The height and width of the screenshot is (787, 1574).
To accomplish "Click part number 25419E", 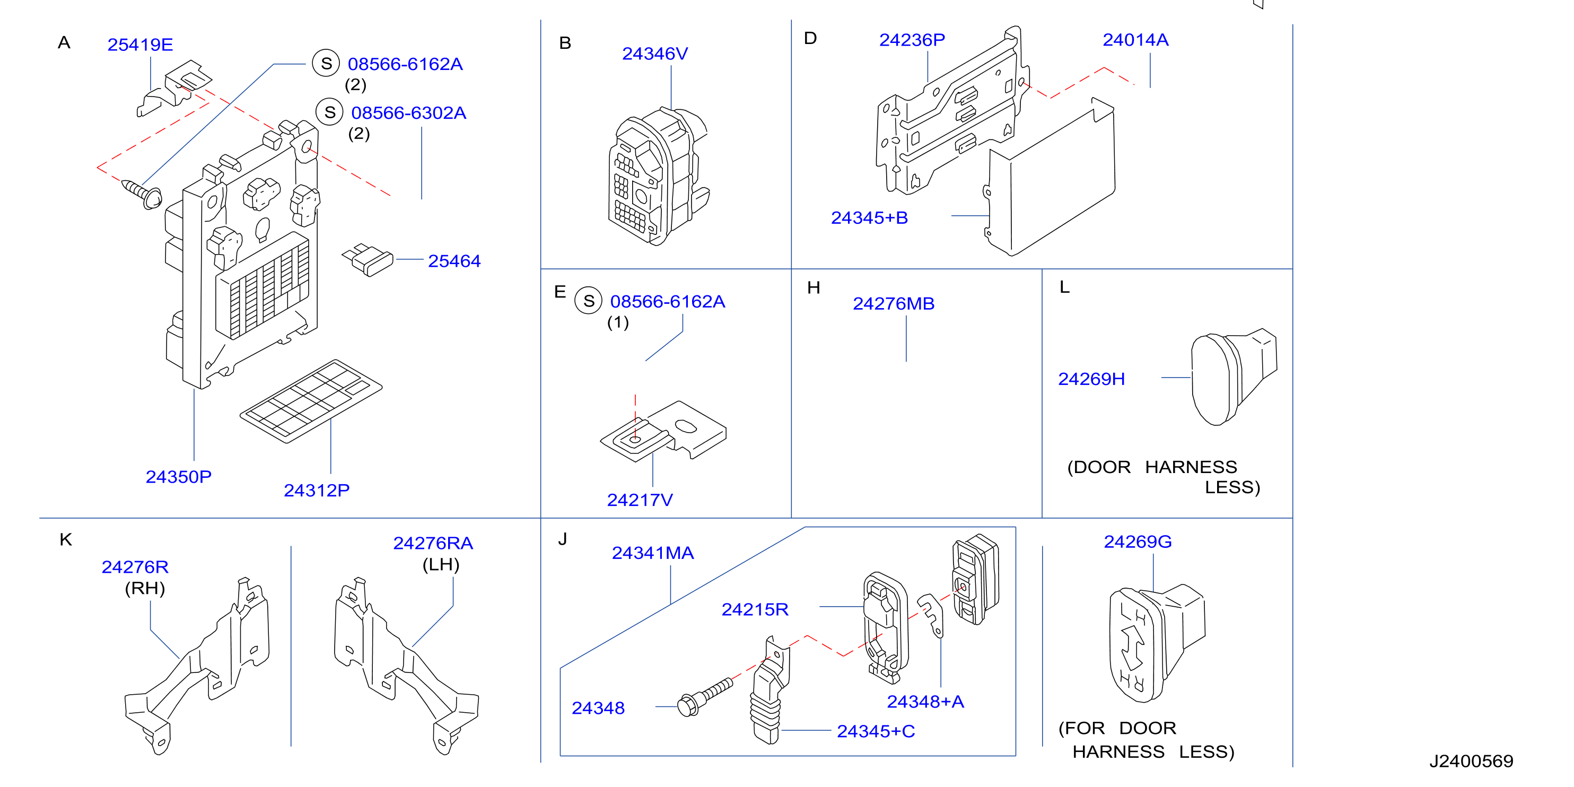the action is tap(140, 45).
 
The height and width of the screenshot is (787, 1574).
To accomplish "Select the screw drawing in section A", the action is tap(142, 194).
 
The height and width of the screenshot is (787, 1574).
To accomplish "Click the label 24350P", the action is tap(178, 477).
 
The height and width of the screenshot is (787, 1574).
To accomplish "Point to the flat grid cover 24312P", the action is tap(311, 401).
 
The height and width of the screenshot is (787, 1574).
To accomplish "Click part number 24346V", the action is tap(655, 54).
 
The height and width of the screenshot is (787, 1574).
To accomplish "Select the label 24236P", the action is tap(912, 40).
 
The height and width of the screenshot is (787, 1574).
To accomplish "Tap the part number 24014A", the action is tap(1135, 40).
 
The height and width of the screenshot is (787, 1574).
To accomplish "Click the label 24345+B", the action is tap(870, 217).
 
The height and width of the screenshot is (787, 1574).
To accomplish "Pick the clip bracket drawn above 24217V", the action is tap(663, 430).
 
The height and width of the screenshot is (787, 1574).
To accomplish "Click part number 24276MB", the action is tap(893, 304).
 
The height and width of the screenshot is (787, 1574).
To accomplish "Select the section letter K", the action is tap(66, 539).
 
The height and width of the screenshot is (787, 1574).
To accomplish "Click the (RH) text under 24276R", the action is tap(145, 589).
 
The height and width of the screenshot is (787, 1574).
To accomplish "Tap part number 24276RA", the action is tap(433, 543).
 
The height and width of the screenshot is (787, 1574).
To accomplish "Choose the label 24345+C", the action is tap(876, 731).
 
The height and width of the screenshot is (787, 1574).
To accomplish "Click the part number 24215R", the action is tap(755, 609).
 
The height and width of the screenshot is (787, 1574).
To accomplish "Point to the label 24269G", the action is tap(1137, 542).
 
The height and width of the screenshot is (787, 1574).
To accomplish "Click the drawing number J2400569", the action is tap(1471, 762).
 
